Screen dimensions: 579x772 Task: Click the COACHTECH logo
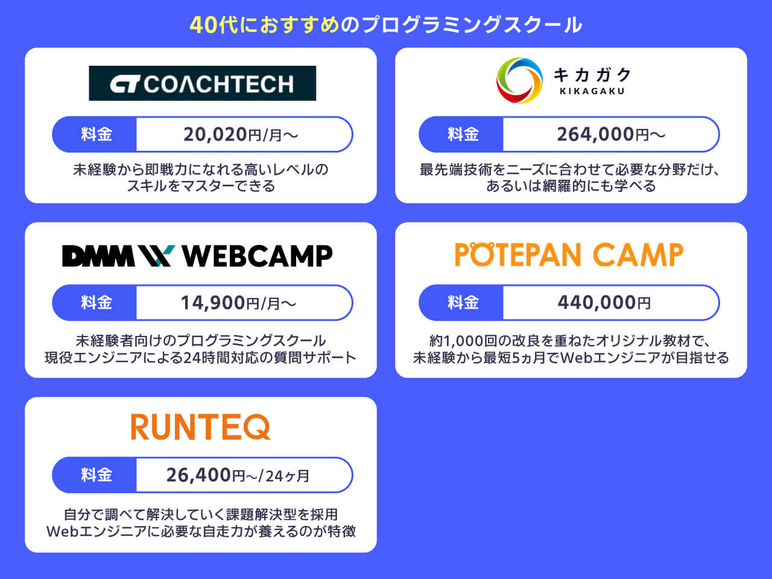click(x=202, y=83)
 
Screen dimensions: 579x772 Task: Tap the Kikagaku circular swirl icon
click(x=519, y=81)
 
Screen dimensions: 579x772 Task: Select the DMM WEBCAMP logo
click(x=197, y=256)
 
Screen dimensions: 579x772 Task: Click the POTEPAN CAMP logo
click(x=569, y=255)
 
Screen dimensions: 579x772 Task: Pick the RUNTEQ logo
click(x=200, y=427)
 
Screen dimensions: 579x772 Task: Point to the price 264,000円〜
click(x=610, y=134)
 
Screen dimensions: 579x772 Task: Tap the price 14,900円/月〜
click(x=239, y=303)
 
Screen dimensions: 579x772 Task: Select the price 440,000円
click(x=604, y=303)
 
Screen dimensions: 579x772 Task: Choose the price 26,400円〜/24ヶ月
click(x=238, y=475)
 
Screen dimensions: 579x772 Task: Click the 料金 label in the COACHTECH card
click(x=96, y=134)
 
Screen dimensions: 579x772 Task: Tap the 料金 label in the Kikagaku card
click(x=463, y=134)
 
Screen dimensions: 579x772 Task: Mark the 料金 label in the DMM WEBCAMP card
click(x=96, y=303)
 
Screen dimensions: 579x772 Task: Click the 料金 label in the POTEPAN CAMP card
click(x=463, y=303)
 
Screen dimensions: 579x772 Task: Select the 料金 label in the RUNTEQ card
click(x=96, y=475)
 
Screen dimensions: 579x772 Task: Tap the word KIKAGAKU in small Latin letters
click(x=592, y=92)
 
